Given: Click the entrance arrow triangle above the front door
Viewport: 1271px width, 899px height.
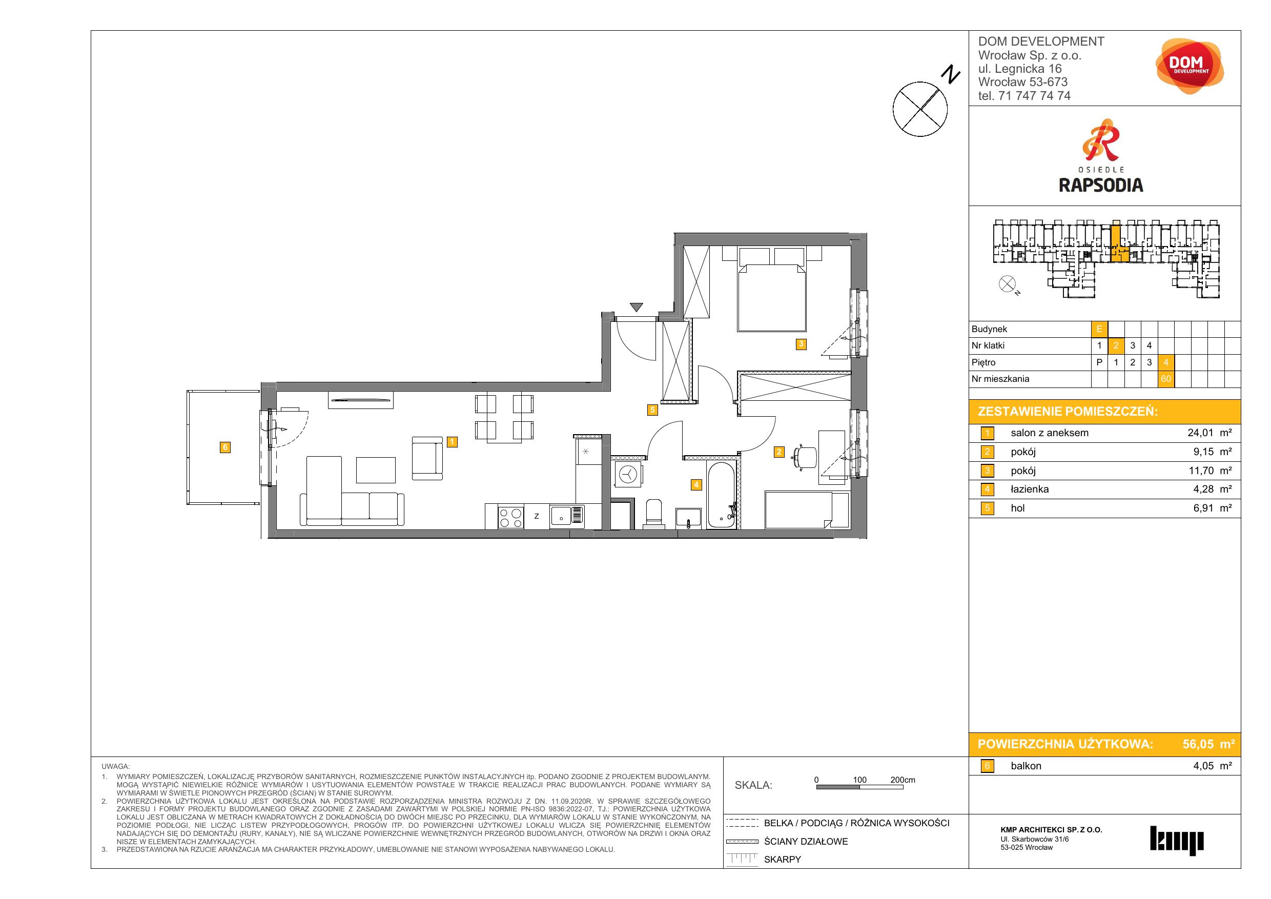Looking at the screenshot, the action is [x=636, y=307].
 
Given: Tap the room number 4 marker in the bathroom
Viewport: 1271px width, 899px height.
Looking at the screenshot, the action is [x=696, y=485].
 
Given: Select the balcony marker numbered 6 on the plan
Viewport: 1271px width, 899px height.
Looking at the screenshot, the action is [x=225, y=447].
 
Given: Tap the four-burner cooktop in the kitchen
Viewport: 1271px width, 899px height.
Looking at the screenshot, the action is [x=511, y=517].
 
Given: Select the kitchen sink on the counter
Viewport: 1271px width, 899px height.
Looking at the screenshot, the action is [x=567, y=516].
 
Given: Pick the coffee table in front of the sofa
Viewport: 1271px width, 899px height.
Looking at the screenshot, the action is [x=376, y=470].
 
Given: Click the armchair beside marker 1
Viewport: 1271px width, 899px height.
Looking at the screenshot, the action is [x=427, y=458].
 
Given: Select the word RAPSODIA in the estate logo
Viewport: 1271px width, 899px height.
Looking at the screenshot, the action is [x=1101, y=185].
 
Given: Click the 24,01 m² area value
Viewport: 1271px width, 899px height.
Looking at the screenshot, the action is [x=1209, y=433].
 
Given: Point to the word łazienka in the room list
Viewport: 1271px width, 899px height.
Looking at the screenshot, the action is [x=1030, y=489].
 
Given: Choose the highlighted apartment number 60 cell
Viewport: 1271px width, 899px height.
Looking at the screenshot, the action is [x=1166, y=379].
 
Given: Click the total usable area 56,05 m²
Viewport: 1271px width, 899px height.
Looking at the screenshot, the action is [x=1208, y=744].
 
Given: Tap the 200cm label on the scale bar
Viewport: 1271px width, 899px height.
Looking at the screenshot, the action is [x=903, y=780].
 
